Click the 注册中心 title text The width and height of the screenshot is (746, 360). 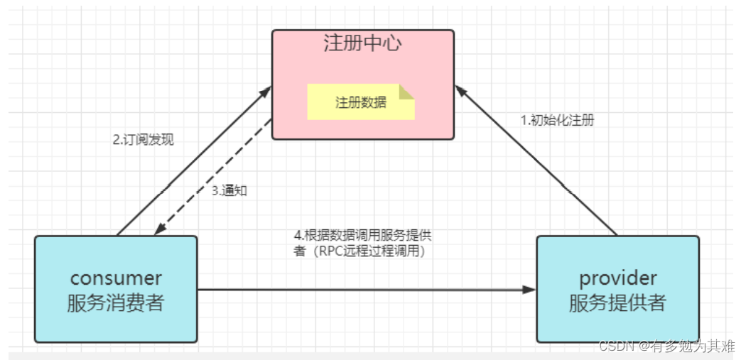point(362,43)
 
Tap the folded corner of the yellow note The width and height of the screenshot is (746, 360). point(406,92)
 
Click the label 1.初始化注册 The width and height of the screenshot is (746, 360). point(557,120)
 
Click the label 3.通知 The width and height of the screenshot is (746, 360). point(229,190)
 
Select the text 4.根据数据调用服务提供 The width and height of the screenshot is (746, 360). point(362,236)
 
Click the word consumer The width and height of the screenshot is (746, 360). point(116,278)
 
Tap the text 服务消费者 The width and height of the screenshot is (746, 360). point(116,302)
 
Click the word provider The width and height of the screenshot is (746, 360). point(617,278)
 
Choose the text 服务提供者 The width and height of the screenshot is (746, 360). point(617,302)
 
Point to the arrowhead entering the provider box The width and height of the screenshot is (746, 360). point(529,290)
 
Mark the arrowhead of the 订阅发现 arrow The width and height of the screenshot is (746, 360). point(266,92)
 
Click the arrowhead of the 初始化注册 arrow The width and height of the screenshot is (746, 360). point(460,90)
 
